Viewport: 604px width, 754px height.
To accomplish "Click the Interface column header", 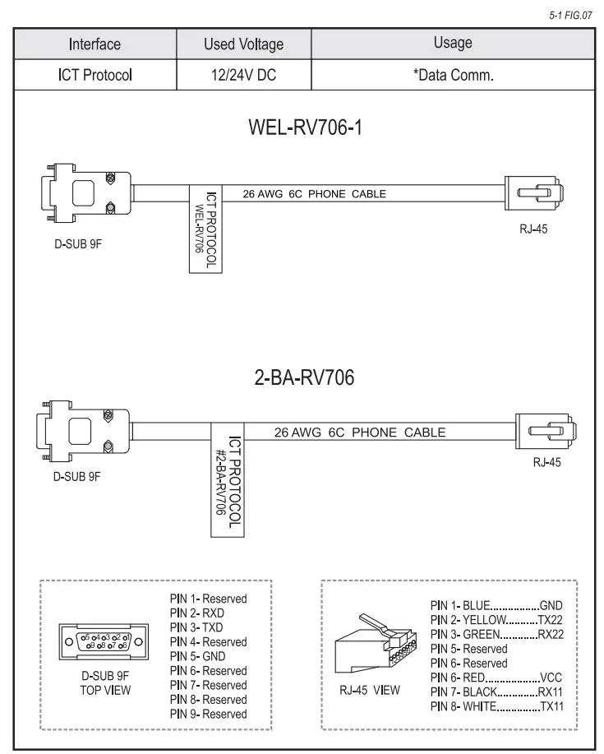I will (x=95, y=43).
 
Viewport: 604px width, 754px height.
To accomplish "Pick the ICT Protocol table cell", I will (x=95, y=76).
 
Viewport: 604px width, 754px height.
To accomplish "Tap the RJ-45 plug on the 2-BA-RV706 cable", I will (x=544, y=430).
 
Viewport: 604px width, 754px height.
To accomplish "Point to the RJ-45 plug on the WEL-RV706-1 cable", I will (x=533, y=194).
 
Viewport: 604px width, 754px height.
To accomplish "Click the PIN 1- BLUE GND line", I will (x=501, y=606).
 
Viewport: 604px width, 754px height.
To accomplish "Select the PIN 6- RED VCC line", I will (x=501, y=678).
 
